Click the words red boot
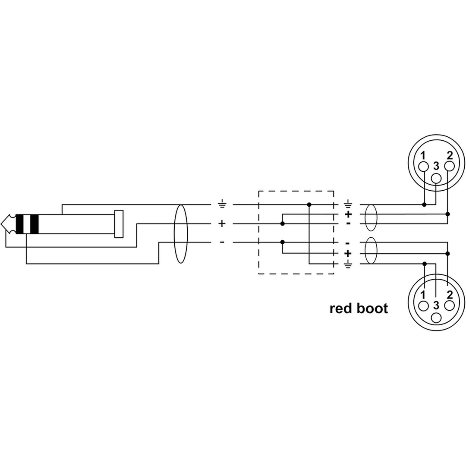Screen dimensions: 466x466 click(359, 309)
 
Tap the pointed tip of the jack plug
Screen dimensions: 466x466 click(1, 224)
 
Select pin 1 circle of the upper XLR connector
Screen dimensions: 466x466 click(424, 167)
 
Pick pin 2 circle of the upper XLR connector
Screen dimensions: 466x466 click(449, 167)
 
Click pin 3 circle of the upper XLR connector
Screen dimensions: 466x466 click(436, 178)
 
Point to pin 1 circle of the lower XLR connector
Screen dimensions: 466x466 click(424, 306)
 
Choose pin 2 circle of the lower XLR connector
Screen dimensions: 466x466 click(449, 306)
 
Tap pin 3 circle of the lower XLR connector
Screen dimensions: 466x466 click(436, 318)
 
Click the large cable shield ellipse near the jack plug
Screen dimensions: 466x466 click(174, 234)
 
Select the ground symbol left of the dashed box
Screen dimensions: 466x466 click(222, 205)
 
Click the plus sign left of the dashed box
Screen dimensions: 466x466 click(222, 224)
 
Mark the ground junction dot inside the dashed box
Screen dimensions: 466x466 click(309, 205)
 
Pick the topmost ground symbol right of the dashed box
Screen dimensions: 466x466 click(348, 204)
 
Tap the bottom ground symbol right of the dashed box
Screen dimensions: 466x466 click(348, 264)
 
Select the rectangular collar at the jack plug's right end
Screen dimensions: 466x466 click(119, 224)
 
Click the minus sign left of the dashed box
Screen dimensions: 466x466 click(222, 242)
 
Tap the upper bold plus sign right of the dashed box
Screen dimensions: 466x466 click(348, 214)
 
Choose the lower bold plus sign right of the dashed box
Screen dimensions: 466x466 click(348, 254)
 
